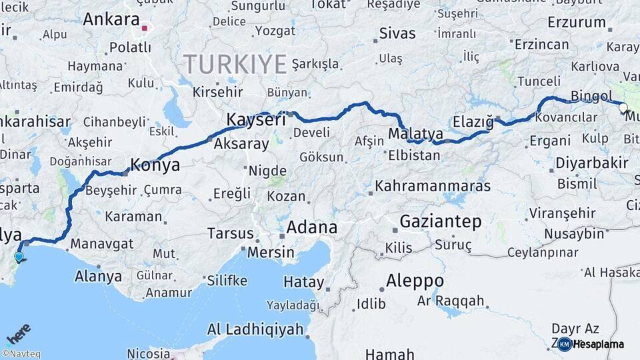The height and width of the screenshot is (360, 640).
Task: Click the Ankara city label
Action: tap(111, 19)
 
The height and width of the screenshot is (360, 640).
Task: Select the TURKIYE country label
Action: tap(235, 64)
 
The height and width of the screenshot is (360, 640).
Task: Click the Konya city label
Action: tap(155, 165)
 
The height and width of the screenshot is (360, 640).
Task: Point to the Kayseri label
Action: tap(256, 120)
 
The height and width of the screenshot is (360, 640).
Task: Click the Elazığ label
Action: tap(473, 122)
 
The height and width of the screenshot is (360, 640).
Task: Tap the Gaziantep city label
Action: tap(440, 222)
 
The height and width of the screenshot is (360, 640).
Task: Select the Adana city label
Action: tap(311, 227)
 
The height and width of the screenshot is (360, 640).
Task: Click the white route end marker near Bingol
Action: tap(623, 107)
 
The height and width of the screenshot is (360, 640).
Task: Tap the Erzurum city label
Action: tap(576, 22)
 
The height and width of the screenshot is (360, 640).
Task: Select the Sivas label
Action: tap(397, 33)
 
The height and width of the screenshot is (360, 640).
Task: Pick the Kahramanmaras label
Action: tap(433, 186)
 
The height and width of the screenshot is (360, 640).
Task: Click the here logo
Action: tap(18, 333)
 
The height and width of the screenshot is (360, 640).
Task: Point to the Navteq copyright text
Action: tap(21, 354)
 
